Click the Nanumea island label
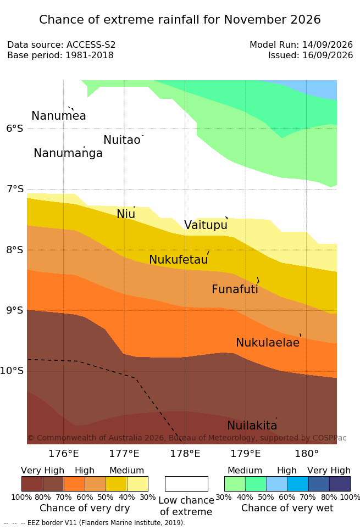click(58, 115)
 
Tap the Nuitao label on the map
click(122, 140)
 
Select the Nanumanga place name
click(68, 153)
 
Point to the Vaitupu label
click(206, 225)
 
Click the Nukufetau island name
click(178, 259)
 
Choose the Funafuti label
click(235, 289)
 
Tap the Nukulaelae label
click(268, 342)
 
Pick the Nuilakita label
click(252, 425)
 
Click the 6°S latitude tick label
click(15, 129)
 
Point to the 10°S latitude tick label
click(12, 371)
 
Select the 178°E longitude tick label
click(185, 454)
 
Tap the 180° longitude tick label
click(307, 454)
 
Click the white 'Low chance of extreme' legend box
click(186, 484)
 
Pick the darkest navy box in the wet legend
click(340, 484)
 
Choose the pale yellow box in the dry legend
click(137, 484)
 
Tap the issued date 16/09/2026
click(328, 55)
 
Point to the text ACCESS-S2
click(91, 44)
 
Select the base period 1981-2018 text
click(90, 55)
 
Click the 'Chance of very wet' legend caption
click(287, 508)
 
